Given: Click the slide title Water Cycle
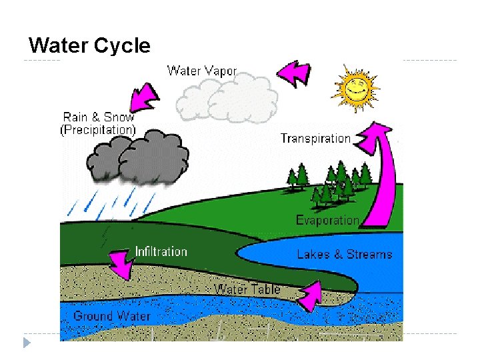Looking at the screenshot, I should [90, 46].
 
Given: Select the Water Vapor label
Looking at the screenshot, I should [202, 70].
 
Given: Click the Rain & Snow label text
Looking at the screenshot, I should [99, 117].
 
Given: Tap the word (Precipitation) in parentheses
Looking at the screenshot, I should [98, 130].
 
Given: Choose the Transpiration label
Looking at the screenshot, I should [315, 139].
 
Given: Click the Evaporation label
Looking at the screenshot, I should [327, 220].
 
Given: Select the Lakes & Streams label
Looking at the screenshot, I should [345, 254].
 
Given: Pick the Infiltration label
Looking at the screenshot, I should [161, 251].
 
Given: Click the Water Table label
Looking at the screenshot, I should [247, 289].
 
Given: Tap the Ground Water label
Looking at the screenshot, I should [111, 315].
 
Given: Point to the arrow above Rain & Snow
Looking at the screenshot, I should [143, 95].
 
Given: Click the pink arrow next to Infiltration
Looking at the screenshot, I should [121, 263].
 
